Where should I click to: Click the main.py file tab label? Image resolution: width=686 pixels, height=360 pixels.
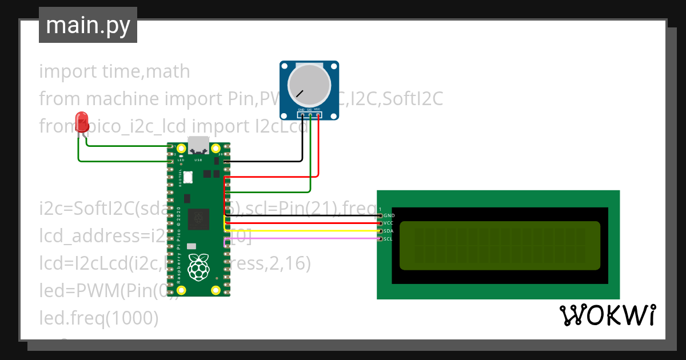(87, 25)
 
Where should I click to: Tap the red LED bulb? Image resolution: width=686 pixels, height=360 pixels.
(82, 122)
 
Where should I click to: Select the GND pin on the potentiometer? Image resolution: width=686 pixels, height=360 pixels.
(301, 115)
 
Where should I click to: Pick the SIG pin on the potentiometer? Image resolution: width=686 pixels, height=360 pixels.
(309, 115)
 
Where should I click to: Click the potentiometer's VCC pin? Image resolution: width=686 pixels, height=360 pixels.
(317, 115)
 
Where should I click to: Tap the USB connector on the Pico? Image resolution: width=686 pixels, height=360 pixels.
(198, 146)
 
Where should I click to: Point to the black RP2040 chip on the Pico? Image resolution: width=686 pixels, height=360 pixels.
(198, 218)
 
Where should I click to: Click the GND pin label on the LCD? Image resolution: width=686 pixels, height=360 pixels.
(389, 215)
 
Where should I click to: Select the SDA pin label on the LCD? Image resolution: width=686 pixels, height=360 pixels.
(389, 231)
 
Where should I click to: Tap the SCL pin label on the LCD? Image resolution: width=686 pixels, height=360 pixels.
(389, 238)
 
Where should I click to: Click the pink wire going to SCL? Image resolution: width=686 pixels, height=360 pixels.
(303, 238)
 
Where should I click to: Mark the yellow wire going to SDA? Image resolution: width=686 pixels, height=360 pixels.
(303, 231)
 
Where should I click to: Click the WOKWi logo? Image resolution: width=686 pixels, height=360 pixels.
(607, 315)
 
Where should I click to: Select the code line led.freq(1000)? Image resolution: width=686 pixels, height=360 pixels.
(98, 318)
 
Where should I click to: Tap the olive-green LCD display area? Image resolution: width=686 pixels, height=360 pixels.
(500, 245)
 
